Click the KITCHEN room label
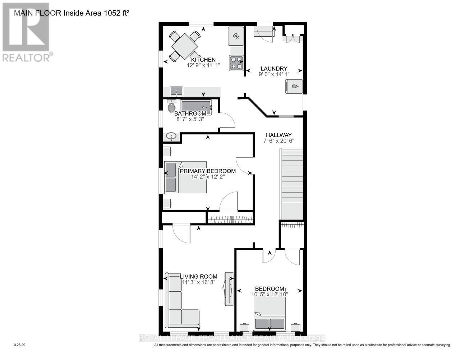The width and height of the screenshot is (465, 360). [203, 60]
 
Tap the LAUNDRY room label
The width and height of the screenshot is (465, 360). [274, 69]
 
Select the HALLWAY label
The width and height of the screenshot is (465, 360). [278, 135]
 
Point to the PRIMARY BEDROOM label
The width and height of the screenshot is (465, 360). [208, 171]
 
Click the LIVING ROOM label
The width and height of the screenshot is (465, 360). [199, 276]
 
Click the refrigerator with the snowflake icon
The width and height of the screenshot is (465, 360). [236, 36]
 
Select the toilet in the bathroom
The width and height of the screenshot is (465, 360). [171, 107]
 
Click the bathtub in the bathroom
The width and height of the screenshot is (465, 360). [196, 107]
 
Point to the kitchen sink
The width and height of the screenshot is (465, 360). [176, 91]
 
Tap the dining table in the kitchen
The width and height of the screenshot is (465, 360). [185, 46]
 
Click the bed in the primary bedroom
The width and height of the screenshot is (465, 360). [185, 177]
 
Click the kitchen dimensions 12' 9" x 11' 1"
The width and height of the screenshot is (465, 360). [203, 66]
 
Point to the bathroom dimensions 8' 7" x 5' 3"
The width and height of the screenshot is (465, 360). [190, 119]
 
